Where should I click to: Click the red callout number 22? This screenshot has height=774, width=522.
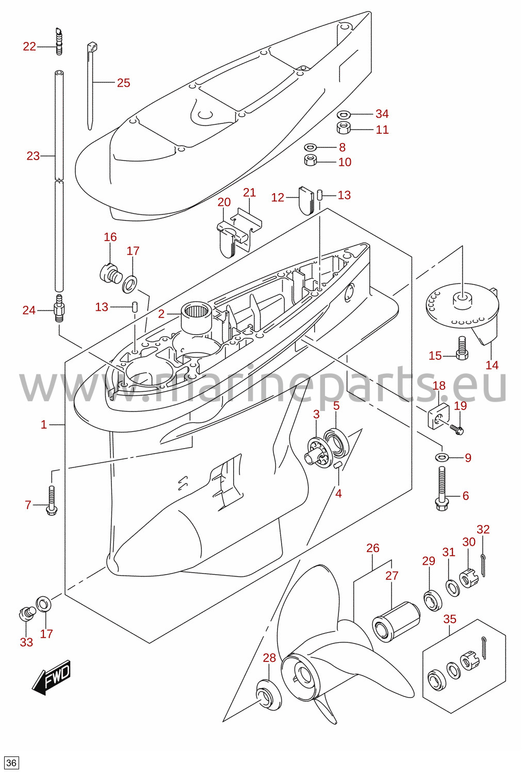click(x=29, y=46)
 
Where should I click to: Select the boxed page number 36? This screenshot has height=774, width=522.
click(x=11, y=763)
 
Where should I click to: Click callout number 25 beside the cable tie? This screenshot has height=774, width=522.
click(x=123, y=83)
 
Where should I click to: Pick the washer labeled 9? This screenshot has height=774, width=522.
click(x=442, y=457)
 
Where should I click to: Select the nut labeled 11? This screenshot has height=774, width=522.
click(x=344, y=128)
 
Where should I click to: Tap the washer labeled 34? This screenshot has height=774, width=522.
click(x=344, y=114)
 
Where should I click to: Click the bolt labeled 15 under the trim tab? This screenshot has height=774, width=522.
click(x=462, y=349)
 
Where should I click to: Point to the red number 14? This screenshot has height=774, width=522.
click(x=492, y=365)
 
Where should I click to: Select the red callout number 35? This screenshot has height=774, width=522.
click(x=449, y=619)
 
